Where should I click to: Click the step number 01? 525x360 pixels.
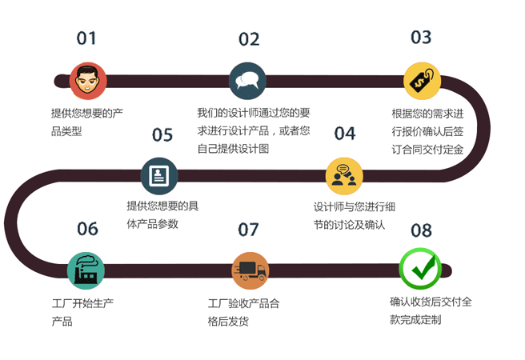(86, 38)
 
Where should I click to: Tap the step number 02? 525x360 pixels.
(249, 39)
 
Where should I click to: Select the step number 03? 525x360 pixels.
(421, 37)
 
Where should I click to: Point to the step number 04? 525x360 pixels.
(345, 133)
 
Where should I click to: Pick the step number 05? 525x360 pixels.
(162, 134)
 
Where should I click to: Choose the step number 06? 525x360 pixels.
(88, 229)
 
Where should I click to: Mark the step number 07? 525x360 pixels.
(248, 230)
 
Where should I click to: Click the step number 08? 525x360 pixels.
(421, 230)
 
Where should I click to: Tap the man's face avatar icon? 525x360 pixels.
(88, 81)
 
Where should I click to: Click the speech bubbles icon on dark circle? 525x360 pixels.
(247, 81)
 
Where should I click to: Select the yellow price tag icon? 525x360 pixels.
(422, 81)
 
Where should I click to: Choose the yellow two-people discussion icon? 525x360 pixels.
(344, 176)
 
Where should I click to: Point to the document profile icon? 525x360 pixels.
(159, 176)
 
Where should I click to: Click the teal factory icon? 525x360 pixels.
(86, 270)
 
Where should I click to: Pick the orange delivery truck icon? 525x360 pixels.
(250, 270)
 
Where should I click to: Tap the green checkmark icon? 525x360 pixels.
(420, 269)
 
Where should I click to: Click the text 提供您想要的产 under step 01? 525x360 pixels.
(87, 113)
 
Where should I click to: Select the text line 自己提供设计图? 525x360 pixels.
(233, 149)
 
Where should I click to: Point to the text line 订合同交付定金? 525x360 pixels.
(427, 150)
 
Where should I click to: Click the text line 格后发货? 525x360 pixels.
(228, 322)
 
